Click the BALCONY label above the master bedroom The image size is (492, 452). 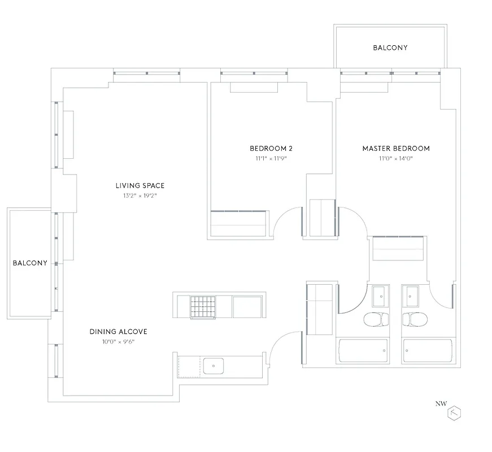pos(390,48)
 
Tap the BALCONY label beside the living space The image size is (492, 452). pos(30,263)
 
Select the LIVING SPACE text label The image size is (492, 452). pos(140,185)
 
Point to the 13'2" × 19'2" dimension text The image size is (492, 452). pos(140,195)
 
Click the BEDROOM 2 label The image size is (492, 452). pos(271,149)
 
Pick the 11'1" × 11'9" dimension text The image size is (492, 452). pos(271,159)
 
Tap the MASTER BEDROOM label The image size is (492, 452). pos(396,149)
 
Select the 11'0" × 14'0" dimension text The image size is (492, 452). pos(396,159)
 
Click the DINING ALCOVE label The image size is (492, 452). pos(118,332)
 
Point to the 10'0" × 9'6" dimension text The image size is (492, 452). pos(118,342)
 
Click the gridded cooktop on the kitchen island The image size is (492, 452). pos(203,307)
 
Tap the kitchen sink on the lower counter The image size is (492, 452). pos(214,366)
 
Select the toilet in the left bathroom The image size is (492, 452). pos(374,320)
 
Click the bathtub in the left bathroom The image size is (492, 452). pos(362,351)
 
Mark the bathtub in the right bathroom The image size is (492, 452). pos(428,351)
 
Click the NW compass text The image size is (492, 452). pos(441,403)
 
